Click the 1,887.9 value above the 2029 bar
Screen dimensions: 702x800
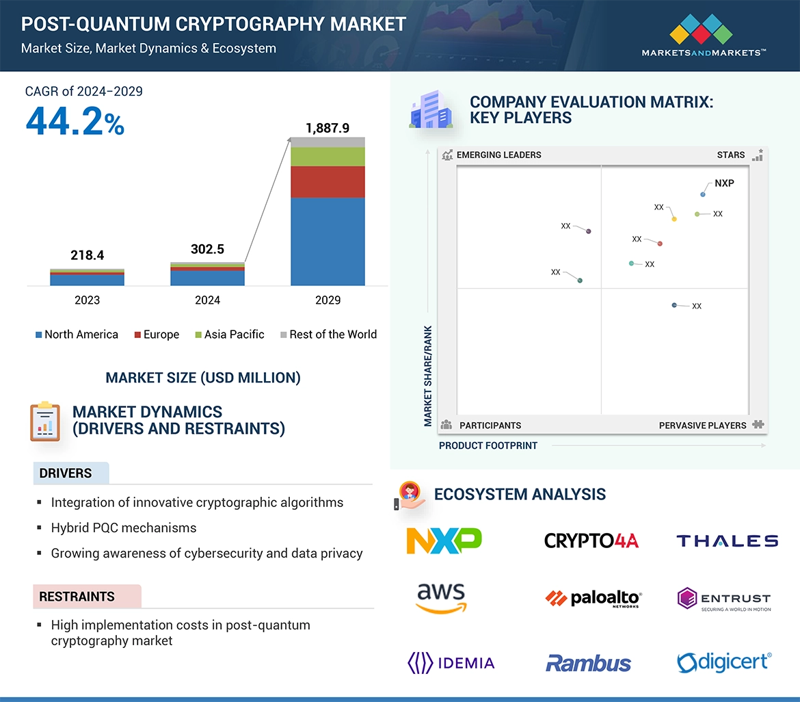327,128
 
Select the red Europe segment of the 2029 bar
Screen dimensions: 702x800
328,182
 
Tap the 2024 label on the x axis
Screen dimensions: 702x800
207,300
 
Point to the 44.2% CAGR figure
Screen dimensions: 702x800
75,122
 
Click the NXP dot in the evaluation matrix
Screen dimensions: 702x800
703,195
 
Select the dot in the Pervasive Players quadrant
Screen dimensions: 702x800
674,305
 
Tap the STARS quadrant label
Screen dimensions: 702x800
731,155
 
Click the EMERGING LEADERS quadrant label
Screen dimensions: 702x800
498,155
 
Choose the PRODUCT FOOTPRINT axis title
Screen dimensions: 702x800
488,445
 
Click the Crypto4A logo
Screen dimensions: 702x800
591,541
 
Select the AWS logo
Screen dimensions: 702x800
441,597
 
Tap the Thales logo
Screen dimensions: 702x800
727,541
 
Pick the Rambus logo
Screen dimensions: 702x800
588,662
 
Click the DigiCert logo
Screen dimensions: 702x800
724,662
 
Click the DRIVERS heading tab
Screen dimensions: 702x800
66,473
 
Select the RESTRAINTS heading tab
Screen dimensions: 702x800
77,597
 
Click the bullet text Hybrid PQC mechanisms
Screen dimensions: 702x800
124,528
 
